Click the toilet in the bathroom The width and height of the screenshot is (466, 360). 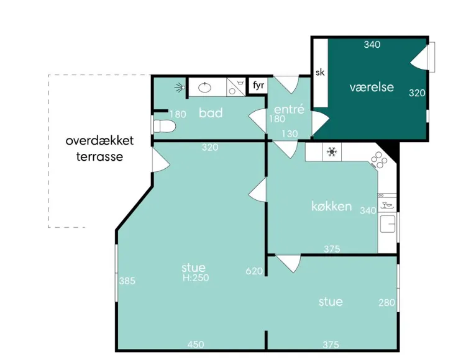(163, 127)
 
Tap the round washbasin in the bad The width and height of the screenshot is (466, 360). (205, 88)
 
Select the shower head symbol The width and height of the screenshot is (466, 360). (180, 87)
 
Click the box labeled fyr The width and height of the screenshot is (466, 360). (258, 86)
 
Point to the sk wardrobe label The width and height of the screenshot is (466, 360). (320, 72)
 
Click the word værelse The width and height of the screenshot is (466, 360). (372, 88)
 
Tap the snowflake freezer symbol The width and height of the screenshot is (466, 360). (332, 152)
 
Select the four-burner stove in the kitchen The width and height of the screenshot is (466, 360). (379, 161)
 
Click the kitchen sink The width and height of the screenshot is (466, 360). (388, 224)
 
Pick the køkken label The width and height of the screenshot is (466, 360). (332, 206)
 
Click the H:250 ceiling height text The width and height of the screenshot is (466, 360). (196, 278)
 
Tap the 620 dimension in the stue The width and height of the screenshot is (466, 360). (254, 271)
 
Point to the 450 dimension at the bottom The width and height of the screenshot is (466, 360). (196, 344)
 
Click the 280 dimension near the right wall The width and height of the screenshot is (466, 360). (386, 302)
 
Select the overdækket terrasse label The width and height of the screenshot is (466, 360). (99, 148)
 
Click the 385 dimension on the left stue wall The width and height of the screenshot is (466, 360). (127, 281)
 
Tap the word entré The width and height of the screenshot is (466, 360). (289, 109)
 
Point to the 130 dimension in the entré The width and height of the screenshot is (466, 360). (290, 134)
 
